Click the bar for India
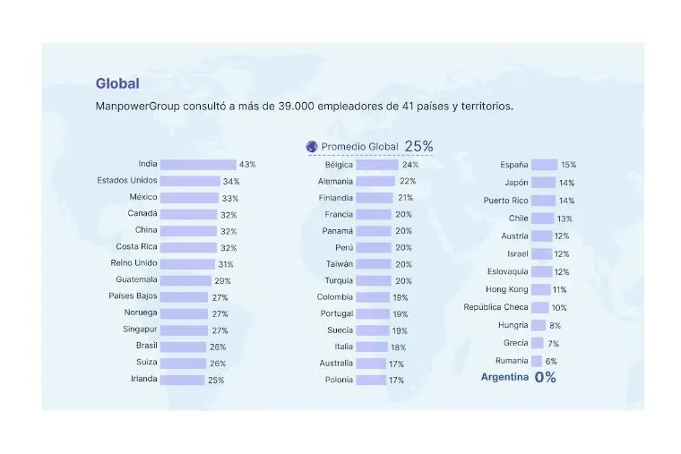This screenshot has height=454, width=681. [x=197, y=165]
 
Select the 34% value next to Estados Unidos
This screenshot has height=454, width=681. [x=231, y=182]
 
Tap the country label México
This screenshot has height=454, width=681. [x=143, y=198]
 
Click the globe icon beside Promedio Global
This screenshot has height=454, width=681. [x=312, y=146]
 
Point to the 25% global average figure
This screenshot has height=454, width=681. [x=418, y=146]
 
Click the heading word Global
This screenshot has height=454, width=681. [x=117, y=84]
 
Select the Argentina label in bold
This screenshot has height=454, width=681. [x=504, y=377]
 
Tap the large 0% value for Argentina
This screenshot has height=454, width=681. [x=545, y=377]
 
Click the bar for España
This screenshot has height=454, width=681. [x=544, y=165]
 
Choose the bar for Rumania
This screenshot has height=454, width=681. [x=536, y=361]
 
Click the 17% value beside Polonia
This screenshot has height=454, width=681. [x=396, y=380]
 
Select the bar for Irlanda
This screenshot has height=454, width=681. [x=182, y=380]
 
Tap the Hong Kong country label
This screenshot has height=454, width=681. [x=506, y=290]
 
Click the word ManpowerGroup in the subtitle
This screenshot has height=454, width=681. [x=139, y=107]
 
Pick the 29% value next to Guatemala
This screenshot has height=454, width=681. [x=222, y=281]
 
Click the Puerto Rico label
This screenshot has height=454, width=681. [x=506, y=201]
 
